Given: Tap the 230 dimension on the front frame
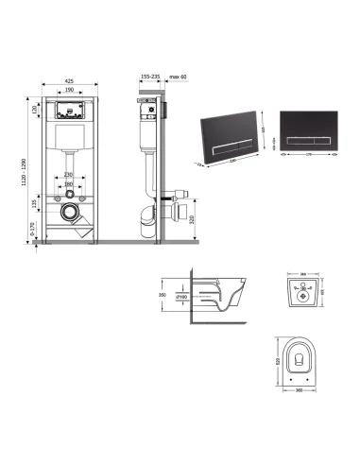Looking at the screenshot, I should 69,173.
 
